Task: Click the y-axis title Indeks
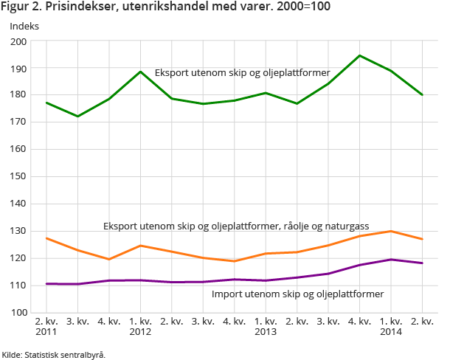tap(24, 26)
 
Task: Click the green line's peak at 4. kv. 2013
tap(359, 55)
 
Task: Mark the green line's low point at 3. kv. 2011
tap(77, 117)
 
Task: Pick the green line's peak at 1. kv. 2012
tap(140, 72)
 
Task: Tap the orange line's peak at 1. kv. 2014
tap(390, 231)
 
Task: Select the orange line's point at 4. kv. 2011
tap(109, 259)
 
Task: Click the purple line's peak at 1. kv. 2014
tap(390, 260)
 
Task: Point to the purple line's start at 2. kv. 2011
tap(46, 284)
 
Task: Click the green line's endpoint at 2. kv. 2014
tap(422, 94)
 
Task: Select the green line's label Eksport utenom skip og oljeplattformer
tap(242, 73)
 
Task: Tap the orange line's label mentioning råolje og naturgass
tap(236, 225)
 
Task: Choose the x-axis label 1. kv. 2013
tap(266, 327)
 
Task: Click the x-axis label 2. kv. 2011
tap(46, 327)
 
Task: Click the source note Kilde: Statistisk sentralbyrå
tap(54, 354)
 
